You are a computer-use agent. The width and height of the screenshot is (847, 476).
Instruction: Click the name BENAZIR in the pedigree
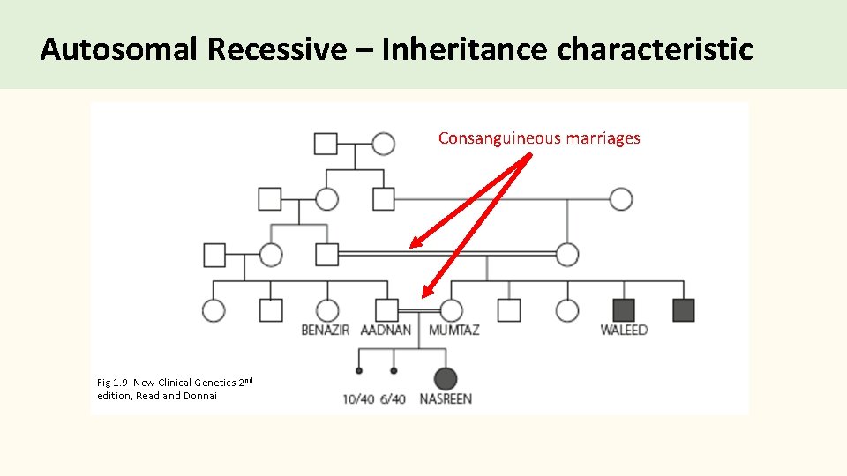click(326, 331)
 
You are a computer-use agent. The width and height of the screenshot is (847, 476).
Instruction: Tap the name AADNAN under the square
click(386, 331)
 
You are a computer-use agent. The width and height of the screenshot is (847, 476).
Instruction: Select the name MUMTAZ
click(453, 331)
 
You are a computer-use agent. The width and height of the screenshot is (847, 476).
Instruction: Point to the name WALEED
click(624, 331)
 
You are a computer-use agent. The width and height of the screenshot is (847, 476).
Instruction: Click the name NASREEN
click(446, 399)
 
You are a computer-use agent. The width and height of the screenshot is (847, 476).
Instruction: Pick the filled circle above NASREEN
click(446, 379)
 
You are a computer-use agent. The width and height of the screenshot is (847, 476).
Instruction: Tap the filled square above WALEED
click(624, 310)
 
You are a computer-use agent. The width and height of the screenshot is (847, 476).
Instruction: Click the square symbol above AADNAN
click(386, 310)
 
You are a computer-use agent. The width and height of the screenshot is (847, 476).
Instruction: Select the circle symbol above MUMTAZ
click(452, 310)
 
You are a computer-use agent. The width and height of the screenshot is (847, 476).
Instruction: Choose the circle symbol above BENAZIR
click(327, 310)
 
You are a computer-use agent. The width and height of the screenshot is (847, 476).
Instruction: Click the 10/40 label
click(358, 399)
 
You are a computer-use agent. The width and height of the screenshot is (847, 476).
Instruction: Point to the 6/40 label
click(393, 399)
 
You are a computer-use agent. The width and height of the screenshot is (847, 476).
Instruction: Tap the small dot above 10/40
click(359, 371)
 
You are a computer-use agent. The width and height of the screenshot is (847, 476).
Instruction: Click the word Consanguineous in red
click(498, 138)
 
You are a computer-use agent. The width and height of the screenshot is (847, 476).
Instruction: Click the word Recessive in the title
click(277, 50)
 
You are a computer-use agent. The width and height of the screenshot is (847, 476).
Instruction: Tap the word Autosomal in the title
click(119, 50)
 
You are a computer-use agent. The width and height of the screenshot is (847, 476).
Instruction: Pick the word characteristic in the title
click(655, 50)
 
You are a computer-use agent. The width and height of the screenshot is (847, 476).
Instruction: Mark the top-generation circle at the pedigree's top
click(383, 143)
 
